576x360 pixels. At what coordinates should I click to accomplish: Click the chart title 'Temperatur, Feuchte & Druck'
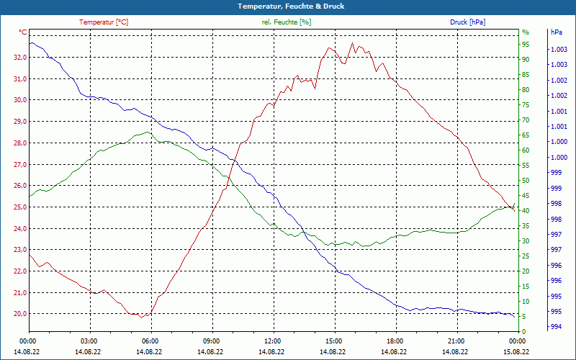coord(288,6)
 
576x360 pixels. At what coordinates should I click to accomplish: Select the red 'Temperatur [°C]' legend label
coord(104,22)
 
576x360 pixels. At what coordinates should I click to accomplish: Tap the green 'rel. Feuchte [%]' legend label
coord(287,22)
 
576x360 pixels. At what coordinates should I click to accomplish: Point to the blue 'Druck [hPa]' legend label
coord(467,22)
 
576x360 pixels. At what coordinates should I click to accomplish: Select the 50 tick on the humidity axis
coord(526,181)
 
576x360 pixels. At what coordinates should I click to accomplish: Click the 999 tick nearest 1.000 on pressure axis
coord(556,173)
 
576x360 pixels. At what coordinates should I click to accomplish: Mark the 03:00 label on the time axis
coord(89,341)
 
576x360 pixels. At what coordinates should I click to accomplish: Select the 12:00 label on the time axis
coord(273,341)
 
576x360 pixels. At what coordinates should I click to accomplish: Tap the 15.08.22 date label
coord(516,351)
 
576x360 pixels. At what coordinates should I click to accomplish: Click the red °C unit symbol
coord(23,32)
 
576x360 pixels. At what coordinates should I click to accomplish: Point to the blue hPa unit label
coord(556,32)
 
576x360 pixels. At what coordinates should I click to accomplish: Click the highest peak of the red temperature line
coord(352,43)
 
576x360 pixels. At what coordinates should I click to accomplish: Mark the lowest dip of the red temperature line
coord(143,317)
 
